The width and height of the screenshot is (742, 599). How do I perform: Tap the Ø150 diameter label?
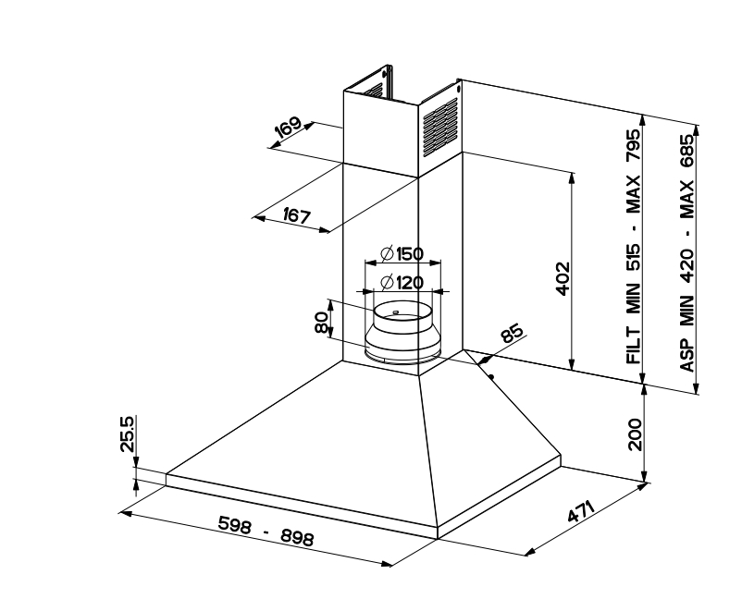pyautogui.click(x=402, y=254)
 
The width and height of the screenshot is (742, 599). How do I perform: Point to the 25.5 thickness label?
pyautogui.click(x=128, y=434)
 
